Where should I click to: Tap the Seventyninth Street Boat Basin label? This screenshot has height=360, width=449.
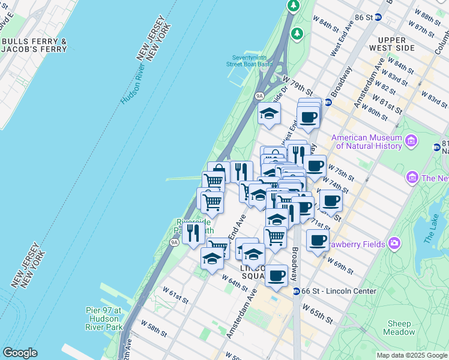click(249, 60)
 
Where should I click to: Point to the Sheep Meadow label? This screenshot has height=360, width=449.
click(399, 328)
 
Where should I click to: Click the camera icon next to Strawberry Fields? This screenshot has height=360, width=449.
click(394, 243)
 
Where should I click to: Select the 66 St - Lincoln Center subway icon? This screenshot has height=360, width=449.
click(296, 291)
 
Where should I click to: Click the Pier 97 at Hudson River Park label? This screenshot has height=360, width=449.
click(104, 319)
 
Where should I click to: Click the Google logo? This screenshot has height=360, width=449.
click(20, 353)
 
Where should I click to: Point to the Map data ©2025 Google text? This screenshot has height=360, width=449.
click(412, 355)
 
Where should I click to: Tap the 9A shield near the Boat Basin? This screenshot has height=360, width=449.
click(259, 95)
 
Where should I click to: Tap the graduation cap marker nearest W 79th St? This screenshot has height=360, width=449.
click(269, 113)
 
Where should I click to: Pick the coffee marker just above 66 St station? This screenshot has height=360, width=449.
click(276, 275)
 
